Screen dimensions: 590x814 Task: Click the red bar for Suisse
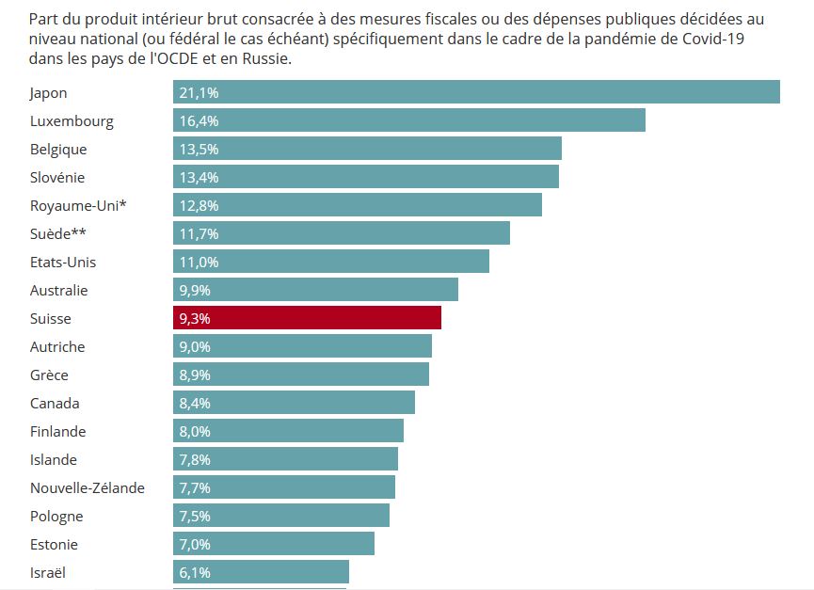pyautogui.click(x=307, y=318)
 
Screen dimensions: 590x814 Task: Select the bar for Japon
pyautogui.click(x=476, y=92)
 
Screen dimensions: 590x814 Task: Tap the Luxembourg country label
pyautogui.click(x=72, y=120)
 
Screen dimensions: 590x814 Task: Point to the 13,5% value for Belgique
pyautogui.click(x=199, y=149)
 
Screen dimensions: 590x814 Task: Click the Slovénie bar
pyautogui.click(x=365, y=177)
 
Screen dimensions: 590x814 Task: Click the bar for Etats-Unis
pyautogui.click(x=331, y=262)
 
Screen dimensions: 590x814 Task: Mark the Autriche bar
pyautogui.click(x=302, y=346)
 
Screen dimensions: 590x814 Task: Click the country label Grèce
pyautogui.click(x=49, y=375)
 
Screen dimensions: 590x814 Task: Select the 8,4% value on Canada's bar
pyautogui.click(x=195, y=403)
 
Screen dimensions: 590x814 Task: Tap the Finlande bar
pyautogui.click(x=288, y=431)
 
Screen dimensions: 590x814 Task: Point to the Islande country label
pyautogui.click(x=54, y=459)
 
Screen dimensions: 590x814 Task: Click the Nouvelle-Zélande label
pyautogui.click(x=88, y=487)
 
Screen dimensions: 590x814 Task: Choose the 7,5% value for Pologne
pyautogui.click(x=195, y=516)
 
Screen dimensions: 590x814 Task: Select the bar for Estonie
pyautogui.click(x=274, y=544)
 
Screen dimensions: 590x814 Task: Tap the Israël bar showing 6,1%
pyautogui.click(x=261, y=572)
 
